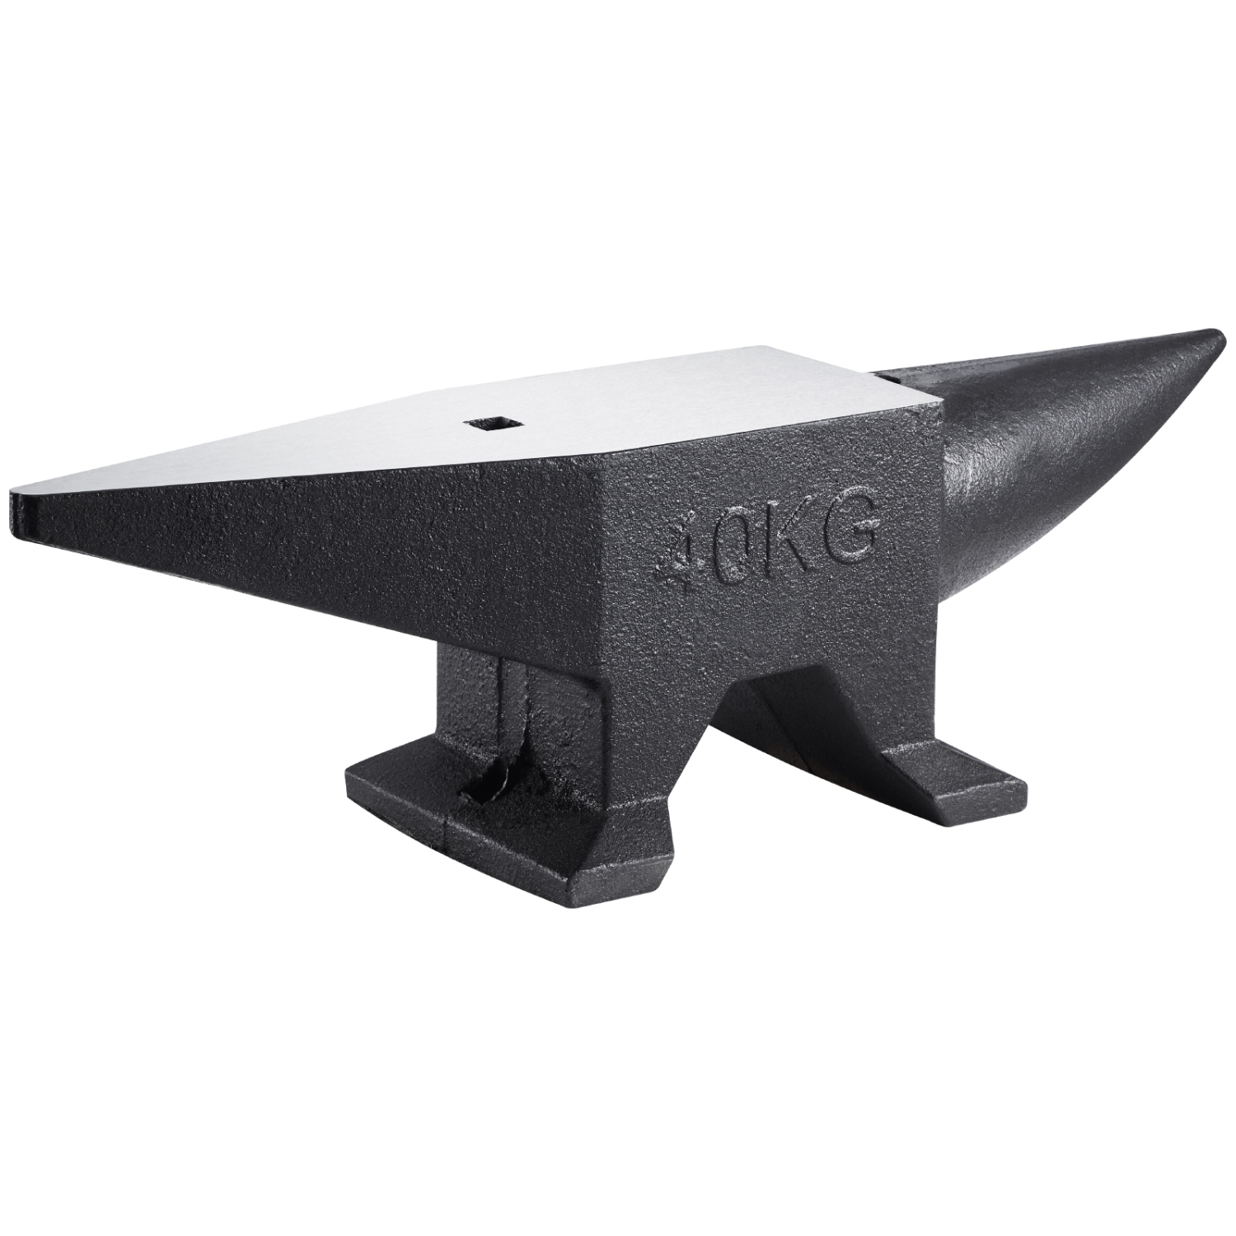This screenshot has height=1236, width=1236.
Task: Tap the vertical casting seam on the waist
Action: click(x=513, y=700)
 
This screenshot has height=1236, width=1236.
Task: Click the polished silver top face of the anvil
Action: click(x=577, y=412)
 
